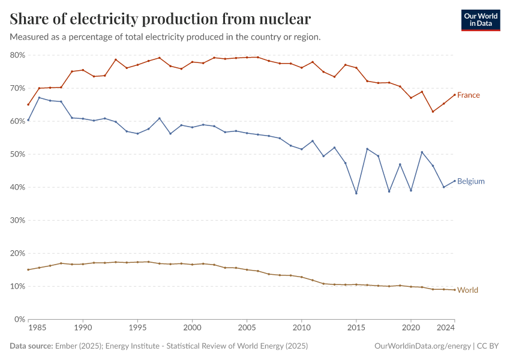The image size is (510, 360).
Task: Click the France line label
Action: coord(468,95)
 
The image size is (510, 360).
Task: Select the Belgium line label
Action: coord(470,181)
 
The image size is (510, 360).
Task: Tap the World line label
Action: coord(467,290)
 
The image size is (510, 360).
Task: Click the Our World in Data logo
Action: coord(481,20)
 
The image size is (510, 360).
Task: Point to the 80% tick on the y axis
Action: coord(17,55)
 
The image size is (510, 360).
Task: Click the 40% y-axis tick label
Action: coord(17,187)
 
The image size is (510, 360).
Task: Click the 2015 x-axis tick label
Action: coord(356,329)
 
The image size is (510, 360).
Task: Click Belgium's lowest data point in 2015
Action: coord(356,193)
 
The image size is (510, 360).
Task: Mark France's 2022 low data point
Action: coord(433,112)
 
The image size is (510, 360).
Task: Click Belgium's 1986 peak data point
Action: coord(39,98)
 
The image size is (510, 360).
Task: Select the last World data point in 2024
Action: coord(454,290)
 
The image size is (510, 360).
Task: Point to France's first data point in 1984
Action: coord(28,104)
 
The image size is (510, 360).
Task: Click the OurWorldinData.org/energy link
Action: coord(421,346)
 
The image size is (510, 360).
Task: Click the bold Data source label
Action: coord(30,346)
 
